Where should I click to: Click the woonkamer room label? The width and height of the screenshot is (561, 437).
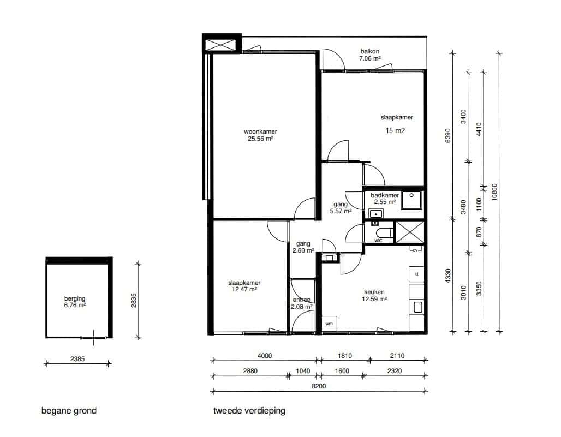point(260,131)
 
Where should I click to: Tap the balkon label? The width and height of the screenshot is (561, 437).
point(369,51)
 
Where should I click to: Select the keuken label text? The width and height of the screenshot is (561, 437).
point(374,292)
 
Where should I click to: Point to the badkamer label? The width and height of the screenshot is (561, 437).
point(385,195)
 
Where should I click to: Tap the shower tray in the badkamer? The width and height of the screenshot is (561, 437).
point(411,200)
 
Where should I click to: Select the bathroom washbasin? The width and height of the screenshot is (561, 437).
point(375,214)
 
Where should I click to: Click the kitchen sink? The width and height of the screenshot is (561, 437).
point(417,307)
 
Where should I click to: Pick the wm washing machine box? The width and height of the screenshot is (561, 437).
point(329,324)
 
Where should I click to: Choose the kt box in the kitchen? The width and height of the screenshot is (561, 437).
point(416,274)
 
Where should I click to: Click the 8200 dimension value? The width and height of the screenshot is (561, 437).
point(319,386)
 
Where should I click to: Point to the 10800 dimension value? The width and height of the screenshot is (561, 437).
point(494,192)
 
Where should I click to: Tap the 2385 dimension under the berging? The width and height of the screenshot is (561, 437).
point(77,358)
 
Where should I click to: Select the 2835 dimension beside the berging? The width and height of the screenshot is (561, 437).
point(134,301)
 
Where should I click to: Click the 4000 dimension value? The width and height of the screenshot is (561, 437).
point(265,356)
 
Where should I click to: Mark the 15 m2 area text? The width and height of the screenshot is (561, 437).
point(395,131)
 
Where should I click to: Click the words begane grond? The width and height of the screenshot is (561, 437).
point(69,410)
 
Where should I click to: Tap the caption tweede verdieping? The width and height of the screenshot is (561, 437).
point(249,410)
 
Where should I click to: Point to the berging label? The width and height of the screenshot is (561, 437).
point(75,298)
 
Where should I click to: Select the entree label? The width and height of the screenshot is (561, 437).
point(302,300)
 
